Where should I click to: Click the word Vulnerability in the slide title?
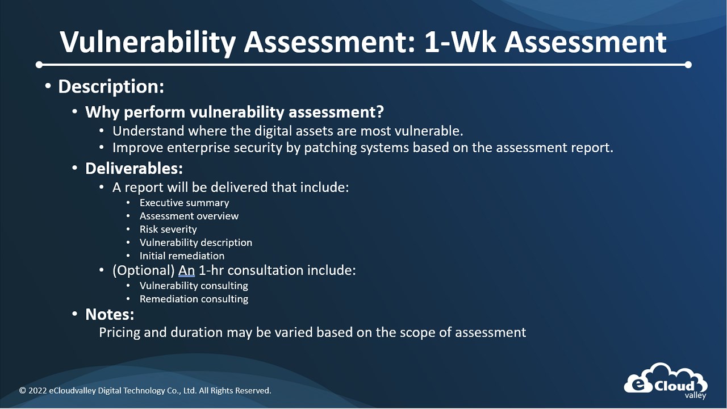(x=148, y=43)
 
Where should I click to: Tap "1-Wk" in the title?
(x=460, y=42)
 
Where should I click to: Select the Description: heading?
(x=111, y=87)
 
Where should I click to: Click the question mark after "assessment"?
(x=380, y=111)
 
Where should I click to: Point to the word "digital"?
(x=271, y=131)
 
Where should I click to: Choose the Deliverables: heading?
(x=134, y=168)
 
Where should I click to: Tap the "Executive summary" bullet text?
(x=185, y=203)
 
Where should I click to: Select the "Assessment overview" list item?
(x=189, y=216)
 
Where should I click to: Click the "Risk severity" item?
(x=168, y=229)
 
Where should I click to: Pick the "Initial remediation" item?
(x=182, y=256)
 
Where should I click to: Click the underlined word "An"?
(x=187, y=270)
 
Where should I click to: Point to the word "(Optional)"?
(x=144, y=270)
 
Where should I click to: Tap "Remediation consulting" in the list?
(x=194, y=299)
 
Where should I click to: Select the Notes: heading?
(x=110, y=314)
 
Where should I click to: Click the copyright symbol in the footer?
(x=22, y=390)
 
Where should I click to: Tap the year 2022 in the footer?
(x=37, y=390)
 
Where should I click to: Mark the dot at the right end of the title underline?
(x=688, y=65)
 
